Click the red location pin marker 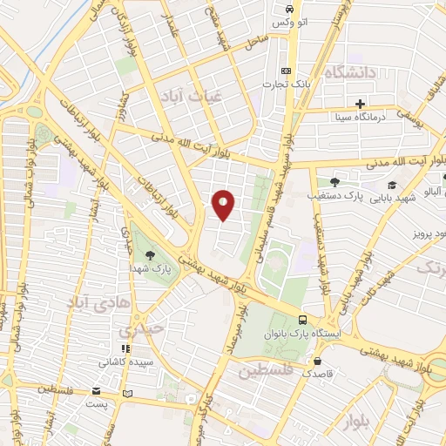pyautogui.click(x=224, y=205)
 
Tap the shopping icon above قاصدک pyautogui.click(x=317, y=360)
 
